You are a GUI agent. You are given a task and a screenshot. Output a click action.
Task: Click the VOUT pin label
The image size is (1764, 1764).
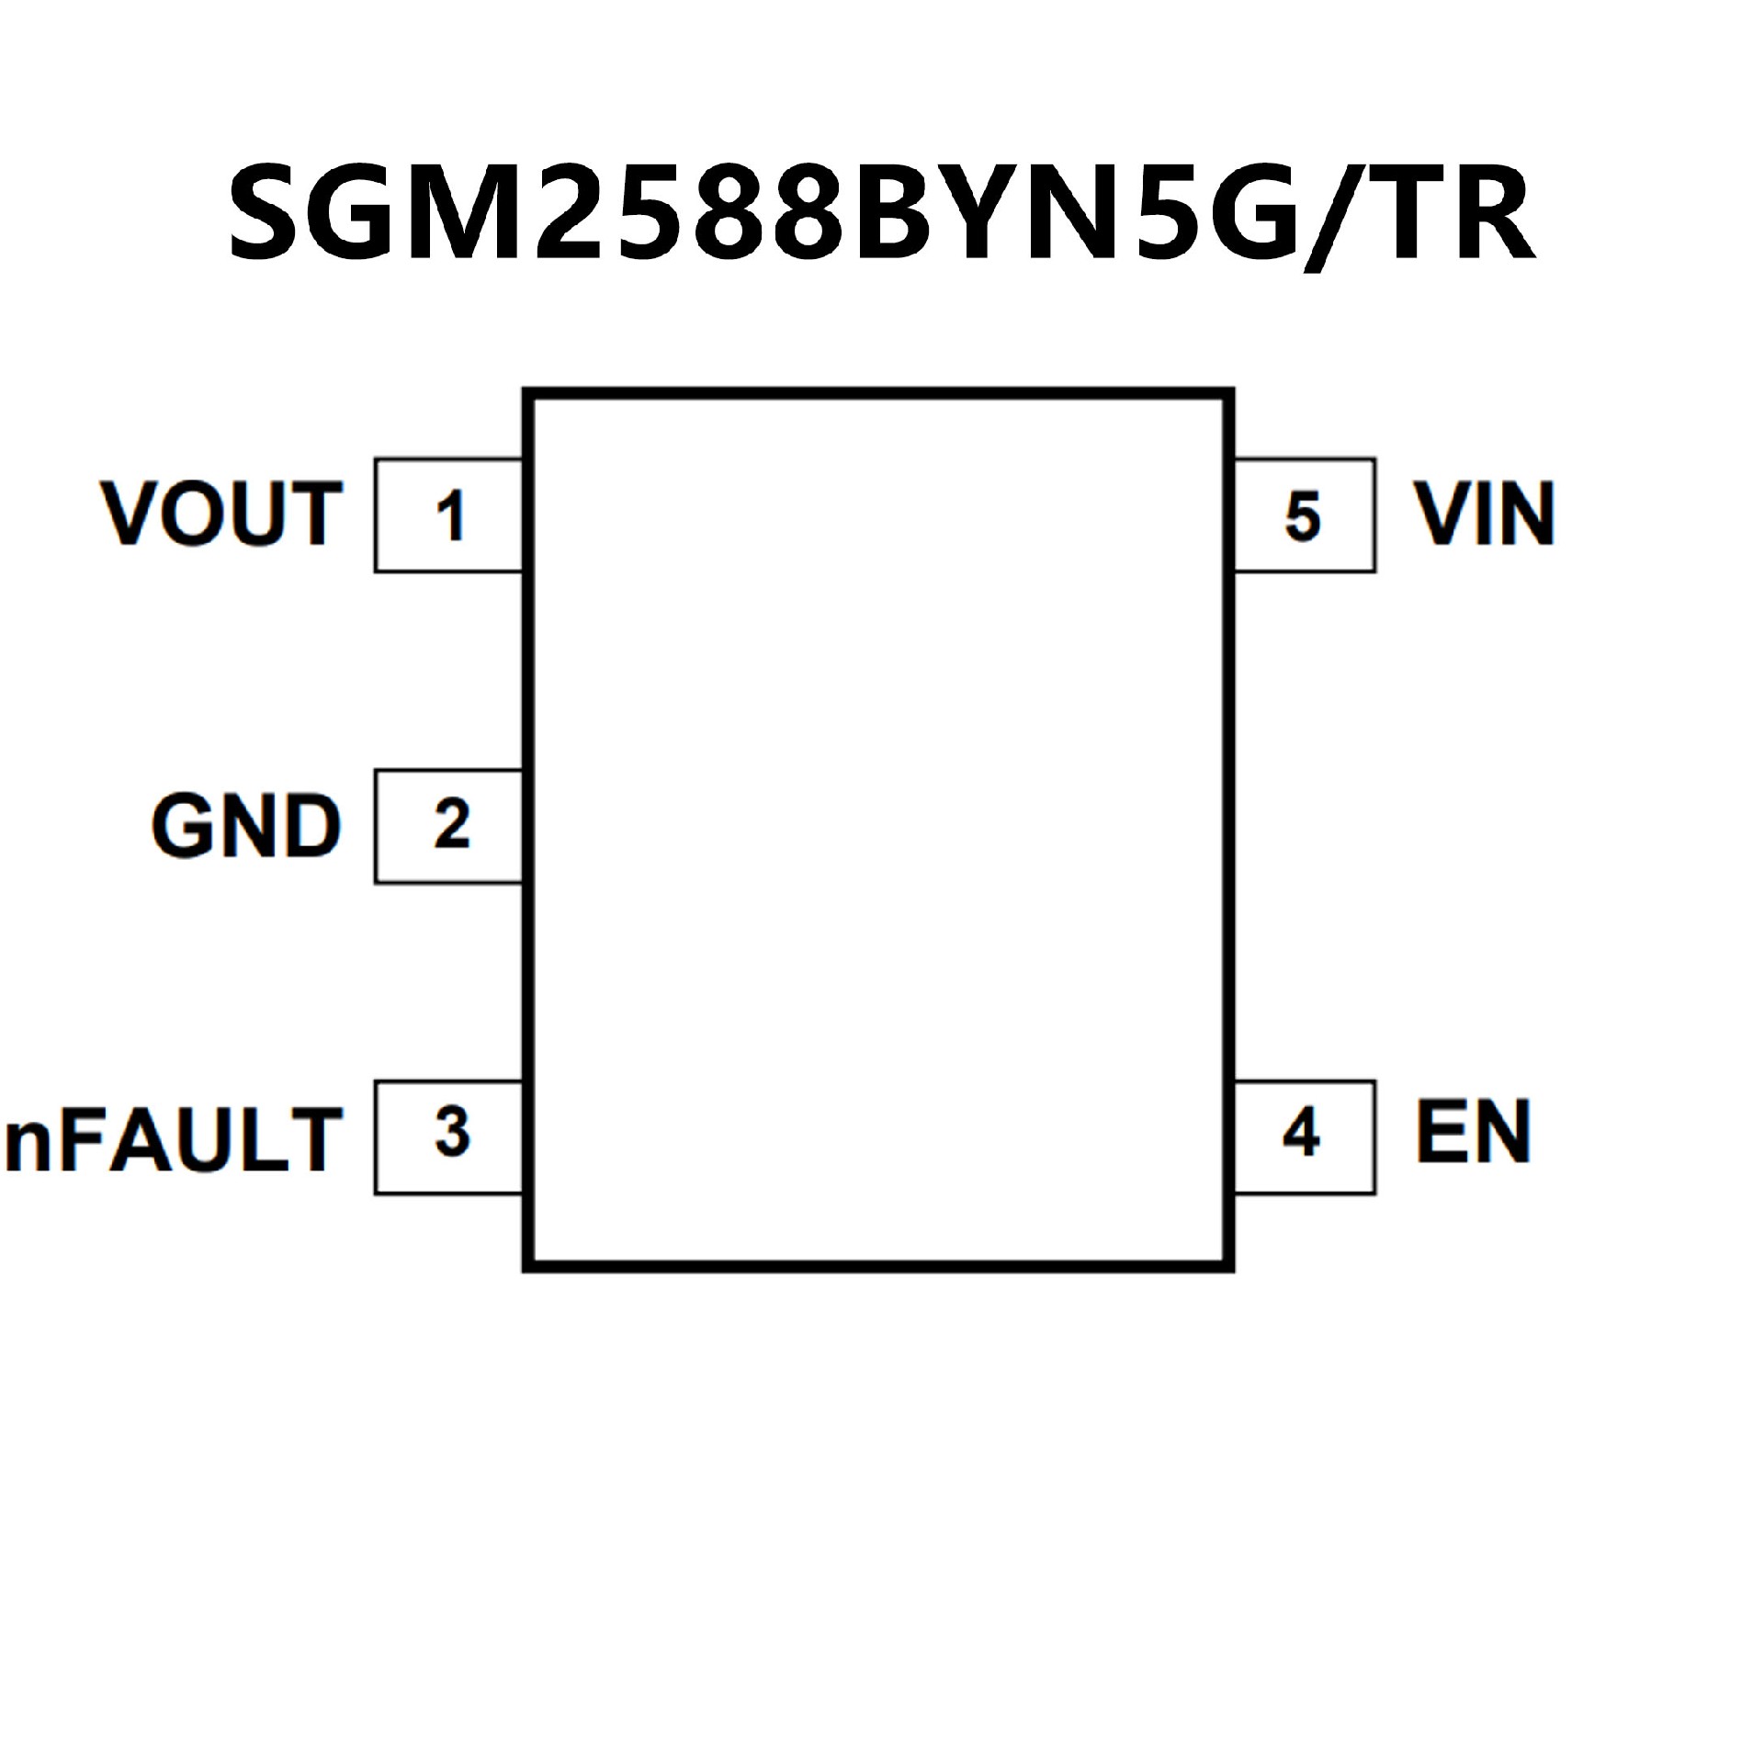(x=221, y=514)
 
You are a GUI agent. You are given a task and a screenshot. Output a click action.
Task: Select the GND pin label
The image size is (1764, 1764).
(x=246, y=826)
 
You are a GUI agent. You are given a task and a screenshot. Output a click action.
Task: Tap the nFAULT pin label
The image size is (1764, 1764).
(x=173, y=1139)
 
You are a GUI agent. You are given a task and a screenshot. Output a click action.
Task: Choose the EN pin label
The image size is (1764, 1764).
(x=1474, y=1132)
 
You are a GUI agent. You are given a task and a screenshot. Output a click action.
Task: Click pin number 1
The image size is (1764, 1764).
(x=450, y=516)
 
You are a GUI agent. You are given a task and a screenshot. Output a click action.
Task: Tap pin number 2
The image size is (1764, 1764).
(x=451, y=825)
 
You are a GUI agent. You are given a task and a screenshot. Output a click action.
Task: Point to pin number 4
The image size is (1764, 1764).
(x=1302, y=1134)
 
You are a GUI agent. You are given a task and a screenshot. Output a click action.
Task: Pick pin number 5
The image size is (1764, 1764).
(x=1303, y=516)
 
